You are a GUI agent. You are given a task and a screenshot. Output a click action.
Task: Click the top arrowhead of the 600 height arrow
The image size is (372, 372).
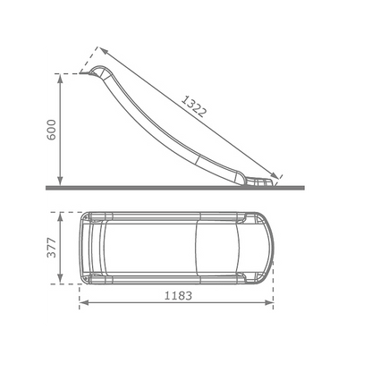click(x=58, y=78)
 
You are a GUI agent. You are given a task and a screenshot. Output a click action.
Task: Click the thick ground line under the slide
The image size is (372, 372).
click(x=179, y=187)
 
